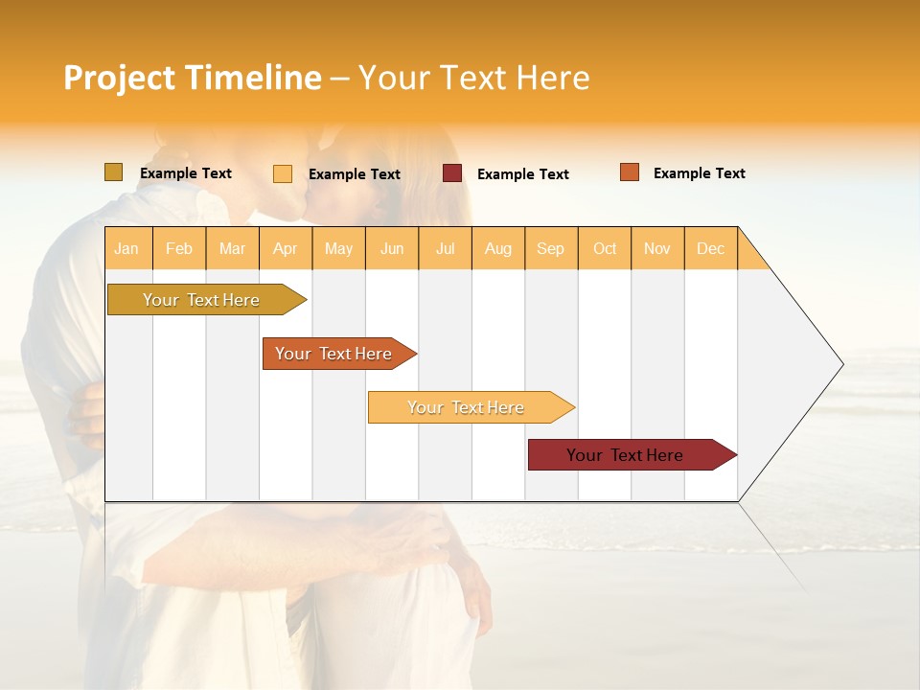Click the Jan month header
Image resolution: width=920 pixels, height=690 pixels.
[x=126, y=248]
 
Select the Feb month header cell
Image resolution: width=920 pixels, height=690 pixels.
[x=179, y=248]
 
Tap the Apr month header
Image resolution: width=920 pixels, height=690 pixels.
[x=285, y=248]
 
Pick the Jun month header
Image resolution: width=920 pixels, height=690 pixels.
[x=392, y=248]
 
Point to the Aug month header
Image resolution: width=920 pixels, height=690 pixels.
[x=498, y=248]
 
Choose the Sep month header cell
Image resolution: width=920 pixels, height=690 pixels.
[x=550, y=248]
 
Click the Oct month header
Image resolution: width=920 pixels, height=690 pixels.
[x=605, y=248]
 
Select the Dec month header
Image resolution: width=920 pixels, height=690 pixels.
[x=710, y=248]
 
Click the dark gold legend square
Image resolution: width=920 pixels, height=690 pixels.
[x=114, y=172]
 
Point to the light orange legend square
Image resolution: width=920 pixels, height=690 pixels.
[x=283, y=173]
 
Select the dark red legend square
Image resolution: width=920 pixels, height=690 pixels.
[x=452, y=173]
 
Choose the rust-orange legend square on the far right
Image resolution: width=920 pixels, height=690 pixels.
[x=630, y=172]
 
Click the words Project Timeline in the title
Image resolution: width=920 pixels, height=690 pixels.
[x=192, y=78]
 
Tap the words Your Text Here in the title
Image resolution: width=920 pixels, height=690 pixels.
[x=473, y=78]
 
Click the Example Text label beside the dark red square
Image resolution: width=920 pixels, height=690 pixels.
[x=522, y=174]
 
